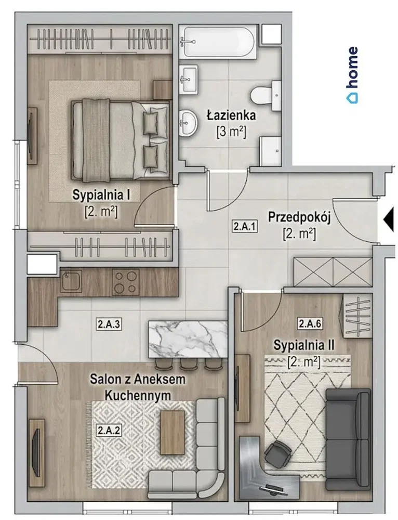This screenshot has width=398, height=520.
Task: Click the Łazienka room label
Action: (231, 115)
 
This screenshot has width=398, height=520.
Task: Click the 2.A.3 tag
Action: (109, 323)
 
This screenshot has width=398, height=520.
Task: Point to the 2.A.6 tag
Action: (310, 323)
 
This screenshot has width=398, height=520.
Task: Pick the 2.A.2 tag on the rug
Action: (109, 430)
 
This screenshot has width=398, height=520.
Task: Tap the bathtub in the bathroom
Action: (218, 42)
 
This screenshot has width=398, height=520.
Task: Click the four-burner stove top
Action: (125, 281)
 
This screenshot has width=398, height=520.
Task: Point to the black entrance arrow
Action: (389, 219)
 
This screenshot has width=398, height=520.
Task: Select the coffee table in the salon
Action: (173, 432)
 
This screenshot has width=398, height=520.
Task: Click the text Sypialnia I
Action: (101, 194)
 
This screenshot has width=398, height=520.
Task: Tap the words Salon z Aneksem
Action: (138, 379)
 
